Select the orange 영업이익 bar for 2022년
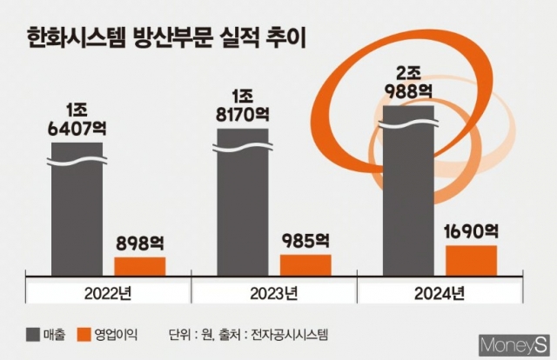point(139,265)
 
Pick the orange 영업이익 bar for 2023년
point(305,263)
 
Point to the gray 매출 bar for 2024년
point(407,191)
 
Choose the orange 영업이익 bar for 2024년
point(471,259)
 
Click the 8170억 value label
point(241,114)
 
